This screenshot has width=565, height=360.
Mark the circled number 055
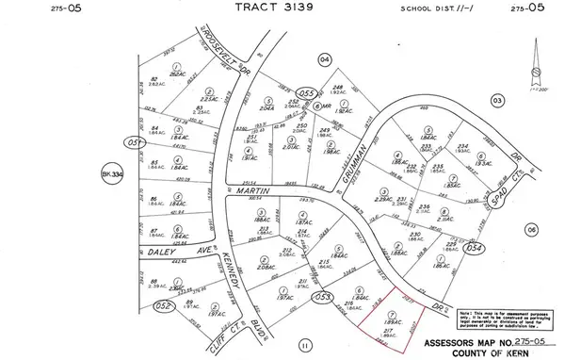click(304, 93)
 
